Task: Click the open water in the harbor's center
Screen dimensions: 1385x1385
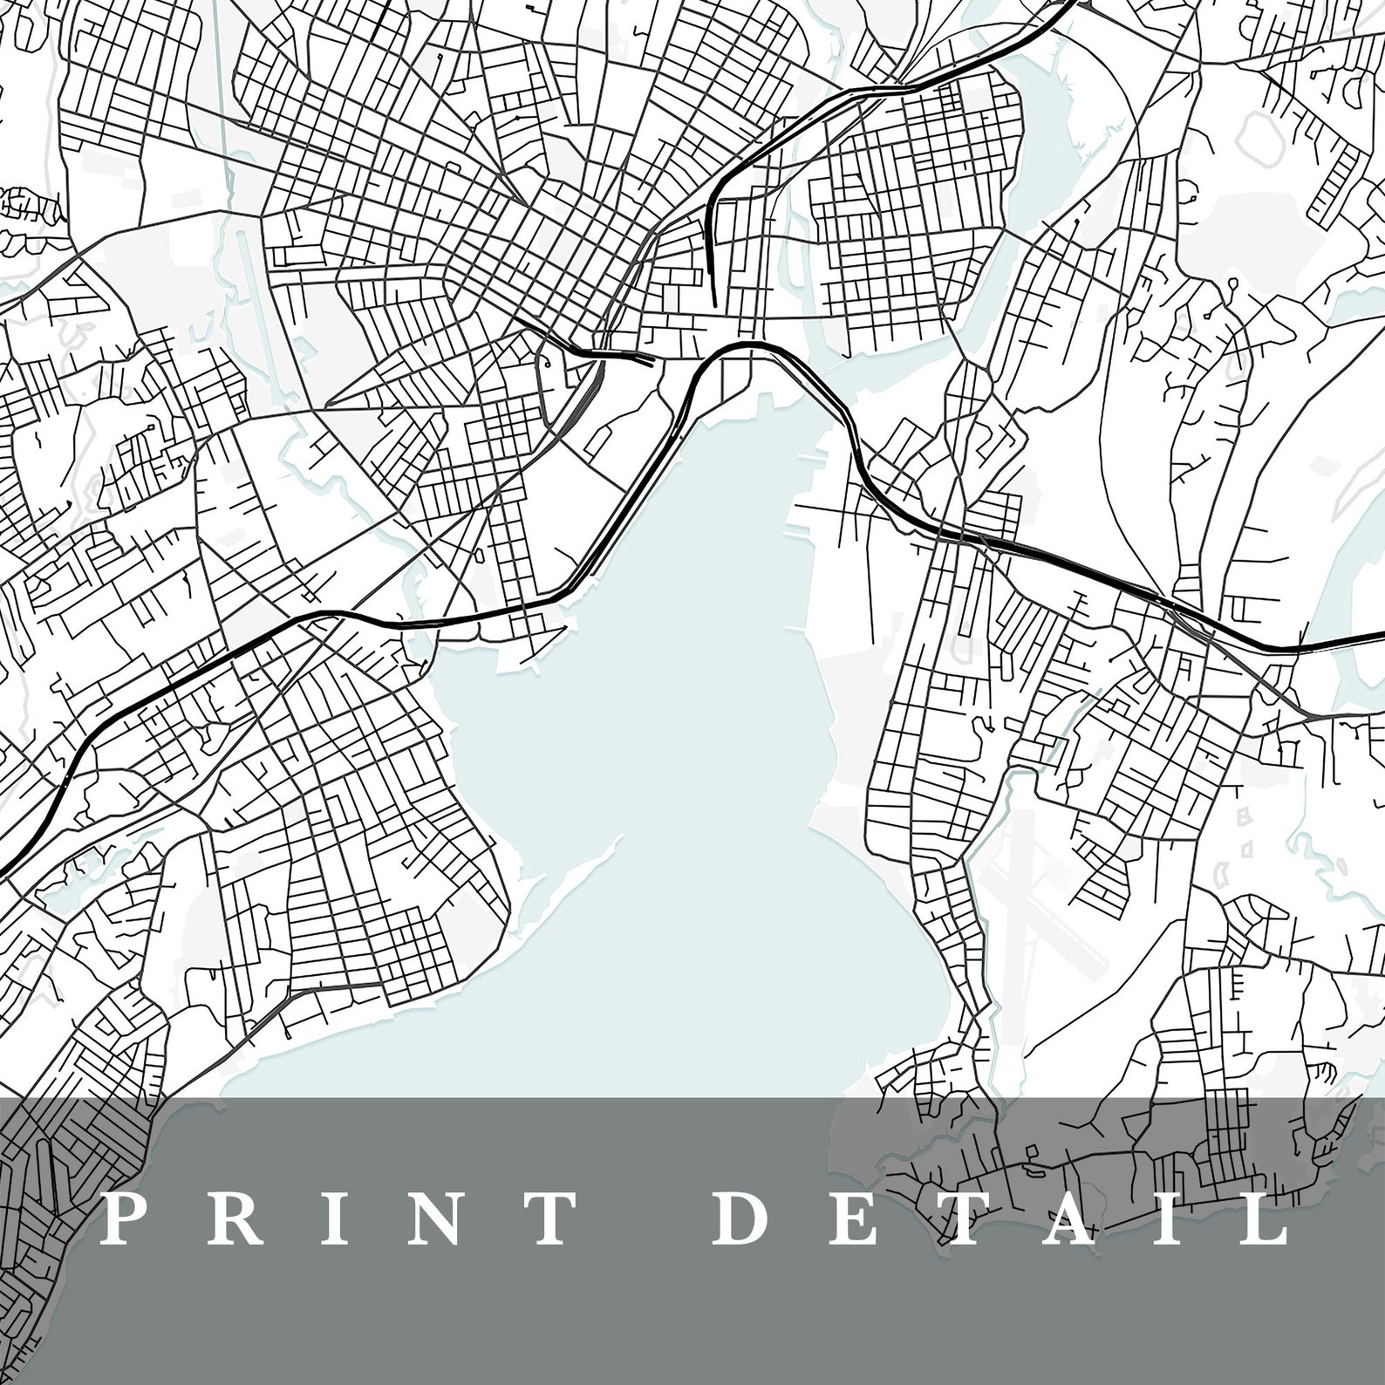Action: (680, 741)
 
